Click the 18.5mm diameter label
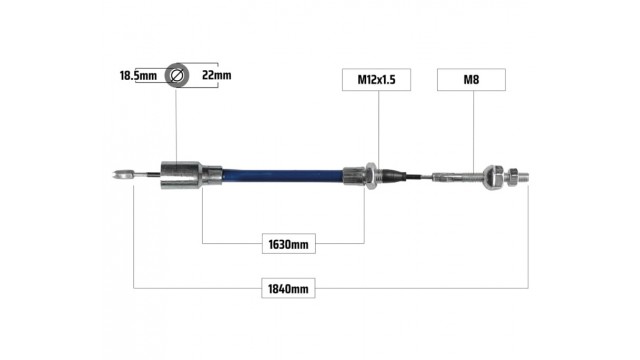pyautogui.click(x=138, y=76)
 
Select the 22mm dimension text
pyautogui.click(x=217, y=75)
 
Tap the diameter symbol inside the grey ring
pyautogui.click(x=177, y=75)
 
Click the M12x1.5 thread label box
pyautogui.click(x=376, y=80)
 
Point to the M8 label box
pyautogui.click(x=471, y=80)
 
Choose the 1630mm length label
pyautogui.click(x=289, y=244)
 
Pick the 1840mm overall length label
pyautogui.click(x=288, y=289)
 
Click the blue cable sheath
pyautogui.click(x=282, y=176)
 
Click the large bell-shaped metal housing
pyautogui.click(x=181, y=176)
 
